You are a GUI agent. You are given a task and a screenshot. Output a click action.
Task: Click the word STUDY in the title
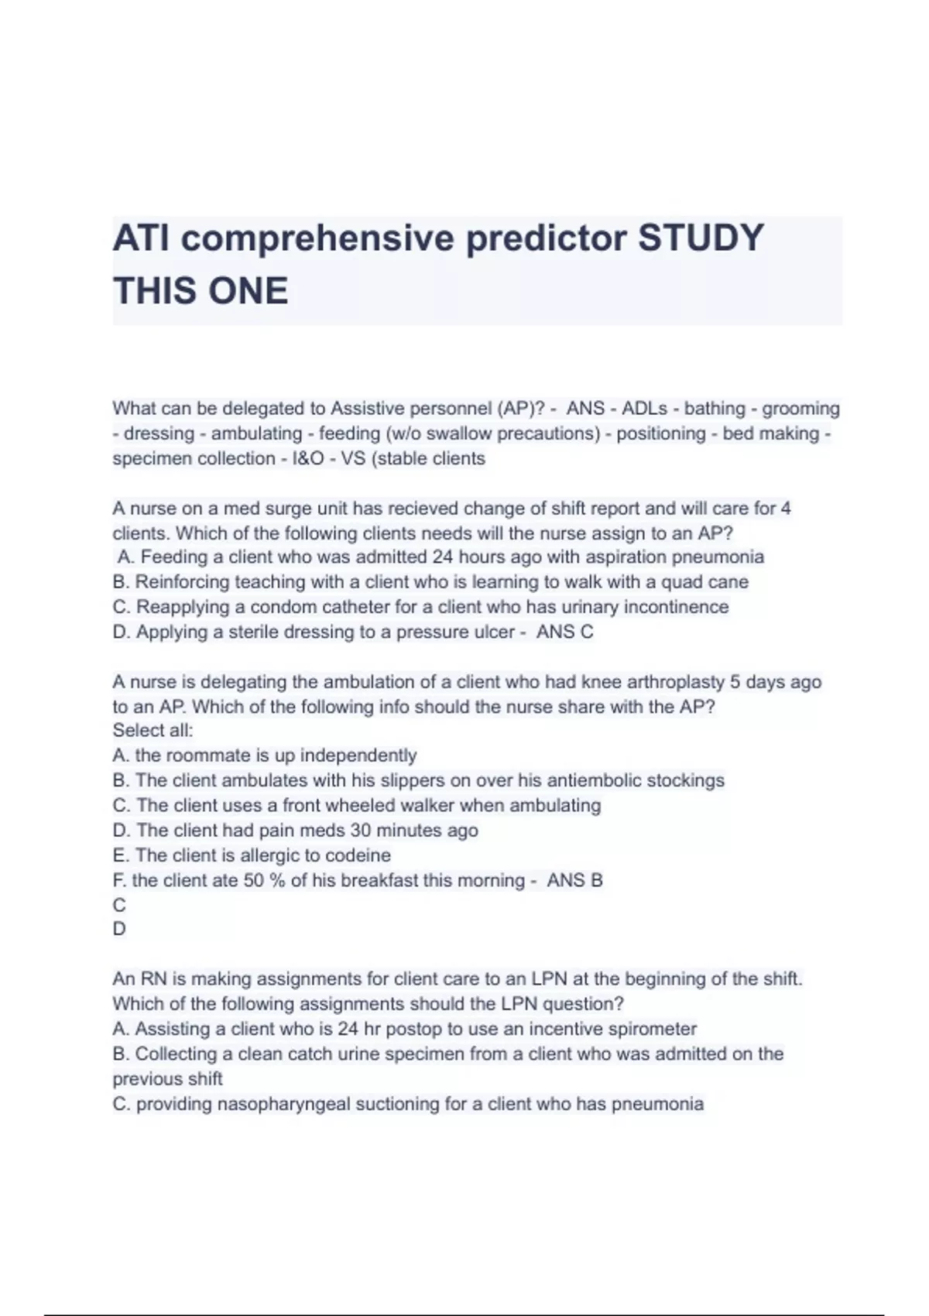[x=701, y=238]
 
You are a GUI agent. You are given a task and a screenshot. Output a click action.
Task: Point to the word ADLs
[x=644, y=408]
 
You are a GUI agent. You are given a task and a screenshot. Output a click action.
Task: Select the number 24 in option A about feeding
[x=442, y=557]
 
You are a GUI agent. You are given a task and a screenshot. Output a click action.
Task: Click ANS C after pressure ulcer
[x=565, y=632]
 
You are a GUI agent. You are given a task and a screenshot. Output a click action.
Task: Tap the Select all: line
[x=153, y=730]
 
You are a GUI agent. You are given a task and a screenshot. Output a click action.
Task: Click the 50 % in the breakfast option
[x=264, y=880]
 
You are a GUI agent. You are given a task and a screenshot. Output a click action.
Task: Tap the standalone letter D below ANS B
[x=119, y=929]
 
